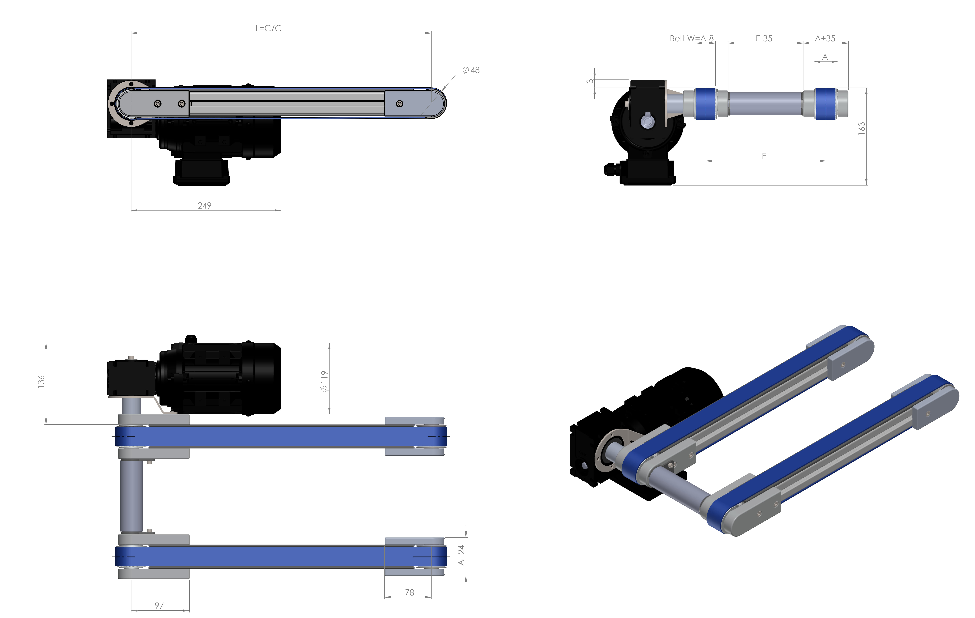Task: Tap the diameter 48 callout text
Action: click(471, 70)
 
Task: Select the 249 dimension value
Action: click(204, 206)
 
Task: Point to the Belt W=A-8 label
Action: click(692, 38)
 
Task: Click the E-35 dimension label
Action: click(764, 38)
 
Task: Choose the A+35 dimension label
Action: click(825, 38)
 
